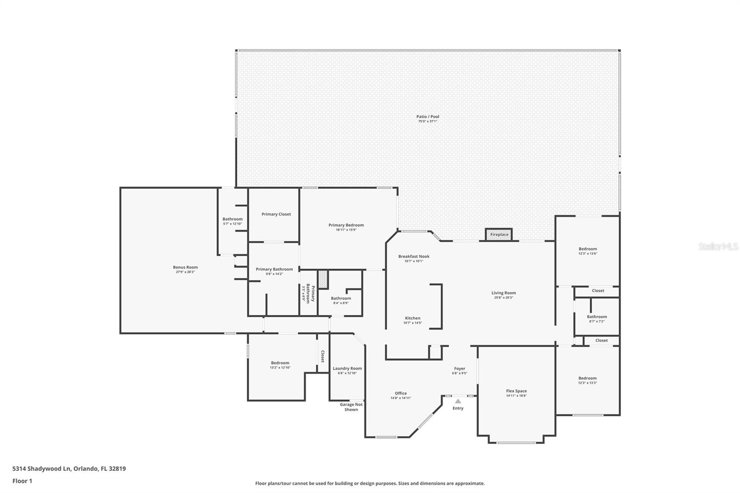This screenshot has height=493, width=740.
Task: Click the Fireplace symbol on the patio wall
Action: (x=499, y=234)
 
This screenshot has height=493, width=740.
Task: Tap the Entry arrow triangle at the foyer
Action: (x=457, y=401)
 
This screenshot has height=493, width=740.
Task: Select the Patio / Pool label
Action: (x=427, y=117)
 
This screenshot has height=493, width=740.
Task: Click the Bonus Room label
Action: (x=185, y=267)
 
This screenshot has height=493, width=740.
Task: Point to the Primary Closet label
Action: (x=276, y=214)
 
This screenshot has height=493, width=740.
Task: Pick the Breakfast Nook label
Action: (x=413, y=256)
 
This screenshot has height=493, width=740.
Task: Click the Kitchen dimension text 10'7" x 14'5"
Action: (x=413, y=323)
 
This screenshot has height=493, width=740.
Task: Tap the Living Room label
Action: (x=503, y=293)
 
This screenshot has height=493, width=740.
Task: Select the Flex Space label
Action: (x=516, y=391)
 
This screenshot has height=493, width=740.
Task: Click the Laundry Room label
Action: (x=347, y=369)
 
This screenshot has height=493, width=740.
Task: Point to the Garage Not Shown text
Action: (x=351, y=407)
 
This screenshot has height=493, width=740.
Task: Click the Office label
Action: (x=401, y=393)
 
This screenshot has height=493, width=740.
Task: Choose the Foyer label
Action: (x=459, y=369)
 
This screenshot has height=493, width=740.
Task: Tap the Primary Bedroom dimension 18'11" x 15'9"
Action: (x=346, y=230)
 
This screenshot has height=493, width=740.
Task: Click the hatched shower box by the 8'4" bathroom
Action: (x=323, y=280)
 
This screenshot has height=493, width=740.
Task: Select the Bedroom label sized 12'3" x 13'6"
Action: (x=587, y=249)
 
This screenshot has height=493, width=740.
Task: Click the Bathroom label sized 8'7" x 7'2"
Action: (x=597, y=317)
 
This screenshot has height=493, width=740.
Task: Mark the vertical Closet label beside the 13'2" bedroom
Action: (x=322, y=356)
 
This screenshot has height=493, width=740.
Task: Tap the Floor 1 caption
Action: (x=22, y=481)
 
